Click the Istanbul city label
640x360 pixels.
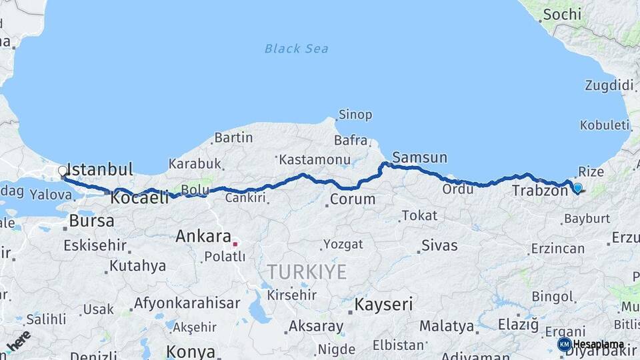pyautogui.click(x=101, y=169)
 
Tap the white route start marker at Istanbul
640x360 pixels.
pyautogui.click(x=63, y=171)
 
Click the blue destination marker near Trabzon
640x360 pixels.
pyautogui.click(x=577, y=188)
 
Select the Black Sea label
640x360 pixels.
pyautogui.click(x=296, y=49)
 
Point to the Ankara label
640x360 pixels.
pyautogui.click(x=203, y=236)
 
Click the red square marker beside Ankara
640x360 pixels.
pyautogui.click(x=235, y=244)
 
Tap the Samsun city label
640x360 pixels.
pyautogui.click(x=420, y=158)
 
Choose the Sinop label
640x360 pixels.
pyautogui.click(x=355, y=115)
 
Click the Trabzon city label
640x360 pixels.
pyautogui.click(x=539, y=191)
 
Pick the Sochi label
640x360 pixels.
pyautogui.click(x=562, y=14)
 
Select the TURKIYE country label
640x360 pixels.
pyautogui.click(x=307, y=271)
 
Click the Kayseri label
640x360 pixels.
pyautogui.click(x=383, y=305)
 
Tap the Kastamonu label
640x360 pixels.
pyautogui.click(x=315, y=160)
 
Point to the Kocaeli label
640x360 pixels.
pyautogui.click(x=139, y=198)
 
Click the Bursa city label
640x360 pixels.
pyautogui.click(x=92, y=221)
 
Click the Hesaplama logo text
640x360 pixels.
pyautogui.click(x=598, y=345)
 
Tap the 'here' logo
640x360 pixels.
pyautogui.click(x=18, y=341)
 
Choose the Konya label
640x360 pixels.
pyautogui.click(x=191, y=351)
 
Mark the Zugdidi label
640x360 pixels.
pyautogui.click(x=609, y=85)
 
